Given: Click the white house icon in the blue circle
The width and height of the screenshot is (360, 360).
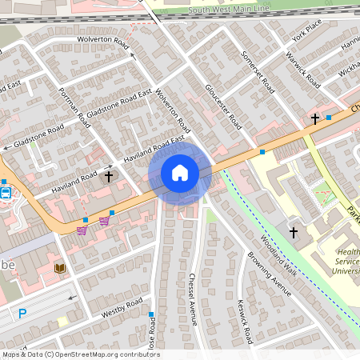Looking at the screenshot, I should pos(180,173).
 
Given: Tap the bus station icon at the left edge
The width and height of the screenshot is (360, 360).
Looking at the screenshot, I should pos(6,192).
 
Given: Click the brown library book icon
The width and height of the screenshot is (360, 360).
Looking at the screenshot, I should pos(59,268).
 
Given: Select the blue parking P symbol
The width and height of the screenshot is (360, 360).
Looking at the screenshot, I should pos(22,314).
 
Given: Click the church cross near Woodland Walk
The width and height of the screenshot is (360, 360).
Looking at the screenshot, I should pos(293,233).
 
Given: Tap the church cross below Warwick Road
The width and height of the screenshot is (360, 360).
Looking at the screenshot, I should pos(315,119).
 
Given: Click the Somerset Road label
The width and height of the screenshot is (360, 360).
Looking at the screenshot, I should pos(258,73).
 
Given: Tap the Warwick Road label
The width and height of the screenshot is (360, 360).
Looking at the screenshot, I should pos(303,71).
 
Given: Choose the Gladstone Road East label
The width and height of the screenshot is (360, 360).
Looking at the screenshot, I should pos(119,105).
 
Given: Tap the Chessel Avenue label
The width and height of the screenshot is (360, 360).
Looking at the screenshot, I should pos(193,299).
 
